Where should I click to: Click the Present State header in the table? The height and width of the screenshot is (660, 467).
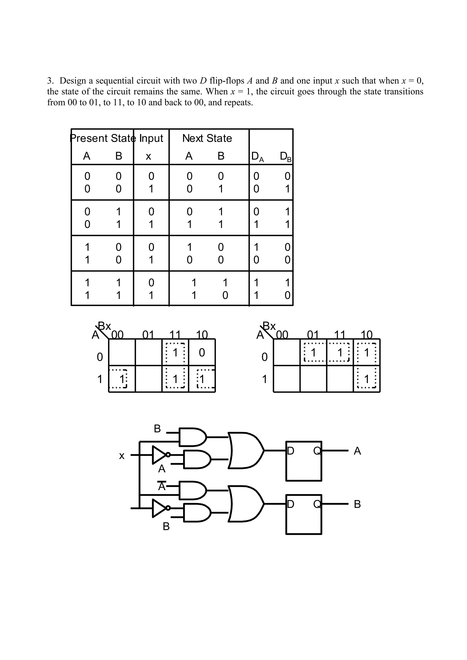[102, 138]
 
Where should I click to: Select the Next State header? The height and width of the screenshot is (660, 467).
[207, 138]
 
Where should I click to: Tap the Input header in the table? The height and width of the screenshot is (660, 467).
[151, 138]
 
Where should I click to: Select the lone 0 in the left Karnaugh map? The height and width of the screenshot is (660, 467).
[202, 352]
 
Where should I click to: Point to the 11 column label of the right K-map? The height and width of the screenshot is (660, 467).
[340, 335]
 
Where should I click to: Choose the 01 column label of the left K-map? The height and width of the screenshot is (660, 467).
[148, 335]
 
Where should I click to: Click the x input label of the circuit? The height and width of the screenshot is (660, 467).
[122, 456]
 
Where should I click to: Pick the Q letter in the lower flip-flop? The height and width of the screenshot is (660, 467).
[317, 504]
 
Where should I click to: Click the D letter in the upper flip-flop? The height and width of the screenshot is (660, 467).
[291, 451]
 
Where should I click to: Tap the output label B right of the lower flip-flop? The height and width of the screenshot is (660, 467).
[357, 504]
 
